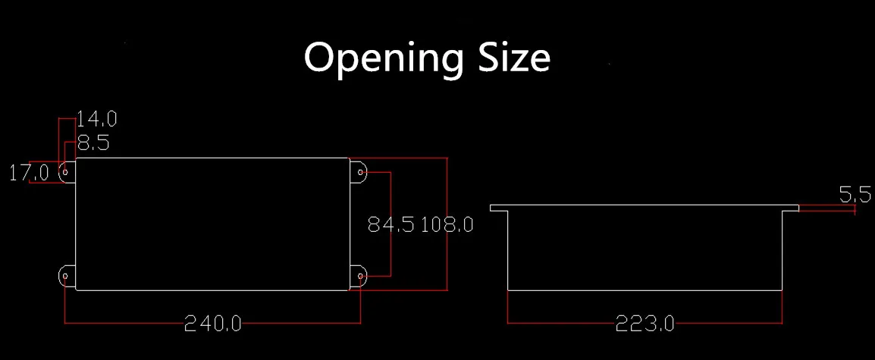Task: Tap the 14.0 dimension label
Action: point(96,119)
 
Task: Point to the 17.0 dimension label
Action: point(29,173)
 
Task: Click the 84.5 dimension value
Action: point(390,224)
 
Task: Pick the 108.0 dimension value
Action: point(447,224)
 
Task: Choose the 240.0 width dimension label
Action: point(213,324)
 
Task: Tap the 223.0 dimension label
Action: point(645,324)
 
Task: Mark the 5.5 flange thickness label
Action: point(855,196)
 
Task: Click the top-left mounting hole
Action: point(66,173)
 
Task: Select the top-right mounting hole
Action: point(360,173)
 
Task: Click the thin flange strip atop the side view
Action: point(644,207)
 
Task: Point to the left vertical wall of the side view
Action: point(508,250)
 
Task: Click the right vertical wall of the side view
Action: point(782,250)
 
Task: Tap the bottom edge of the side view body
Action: point(644,290)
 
